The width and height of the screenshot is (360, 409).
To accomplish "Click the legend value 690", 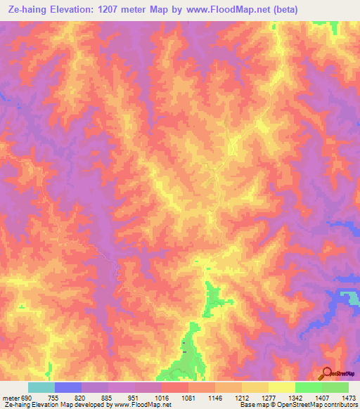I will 21,397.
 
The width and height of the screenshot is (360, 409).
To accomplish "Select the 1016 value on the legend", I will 162,397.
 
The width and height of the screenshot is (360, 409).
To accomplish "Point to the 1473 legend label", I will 349,397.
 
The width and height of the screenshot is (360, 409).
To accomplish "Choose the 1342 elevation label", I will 295,397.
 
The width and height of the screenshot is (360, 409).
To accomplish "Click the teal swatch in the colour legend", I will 41,387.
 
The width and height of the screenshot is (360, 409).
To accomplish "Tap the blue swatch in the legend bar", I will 68,387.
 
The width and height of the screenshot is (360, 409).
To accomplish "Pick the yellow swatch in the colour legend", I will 282,387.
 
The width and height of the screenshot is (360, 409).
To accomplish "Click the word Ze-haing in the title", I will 26,10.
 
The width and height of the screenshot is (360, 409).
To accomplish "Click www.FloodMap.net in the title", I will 233,10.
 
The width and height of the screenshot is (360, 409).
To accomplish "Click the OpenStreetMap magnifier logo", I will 327,373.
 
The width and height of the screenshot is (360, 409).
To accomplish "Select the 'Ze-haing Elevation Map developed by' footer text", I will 41,405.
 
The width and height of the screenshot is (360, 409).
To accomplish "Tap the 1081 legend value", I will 188,397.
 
